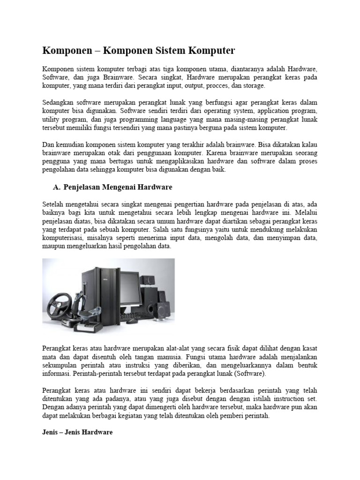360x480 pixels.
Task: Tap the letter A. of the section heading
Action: (58, 187)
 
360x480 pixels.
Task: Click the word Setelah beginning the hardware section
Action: (53, 203)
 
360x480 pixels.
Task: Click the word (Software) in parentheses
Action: (248, 374)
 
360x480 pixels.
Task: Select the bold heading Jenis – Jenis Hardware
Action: (77, 432)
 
